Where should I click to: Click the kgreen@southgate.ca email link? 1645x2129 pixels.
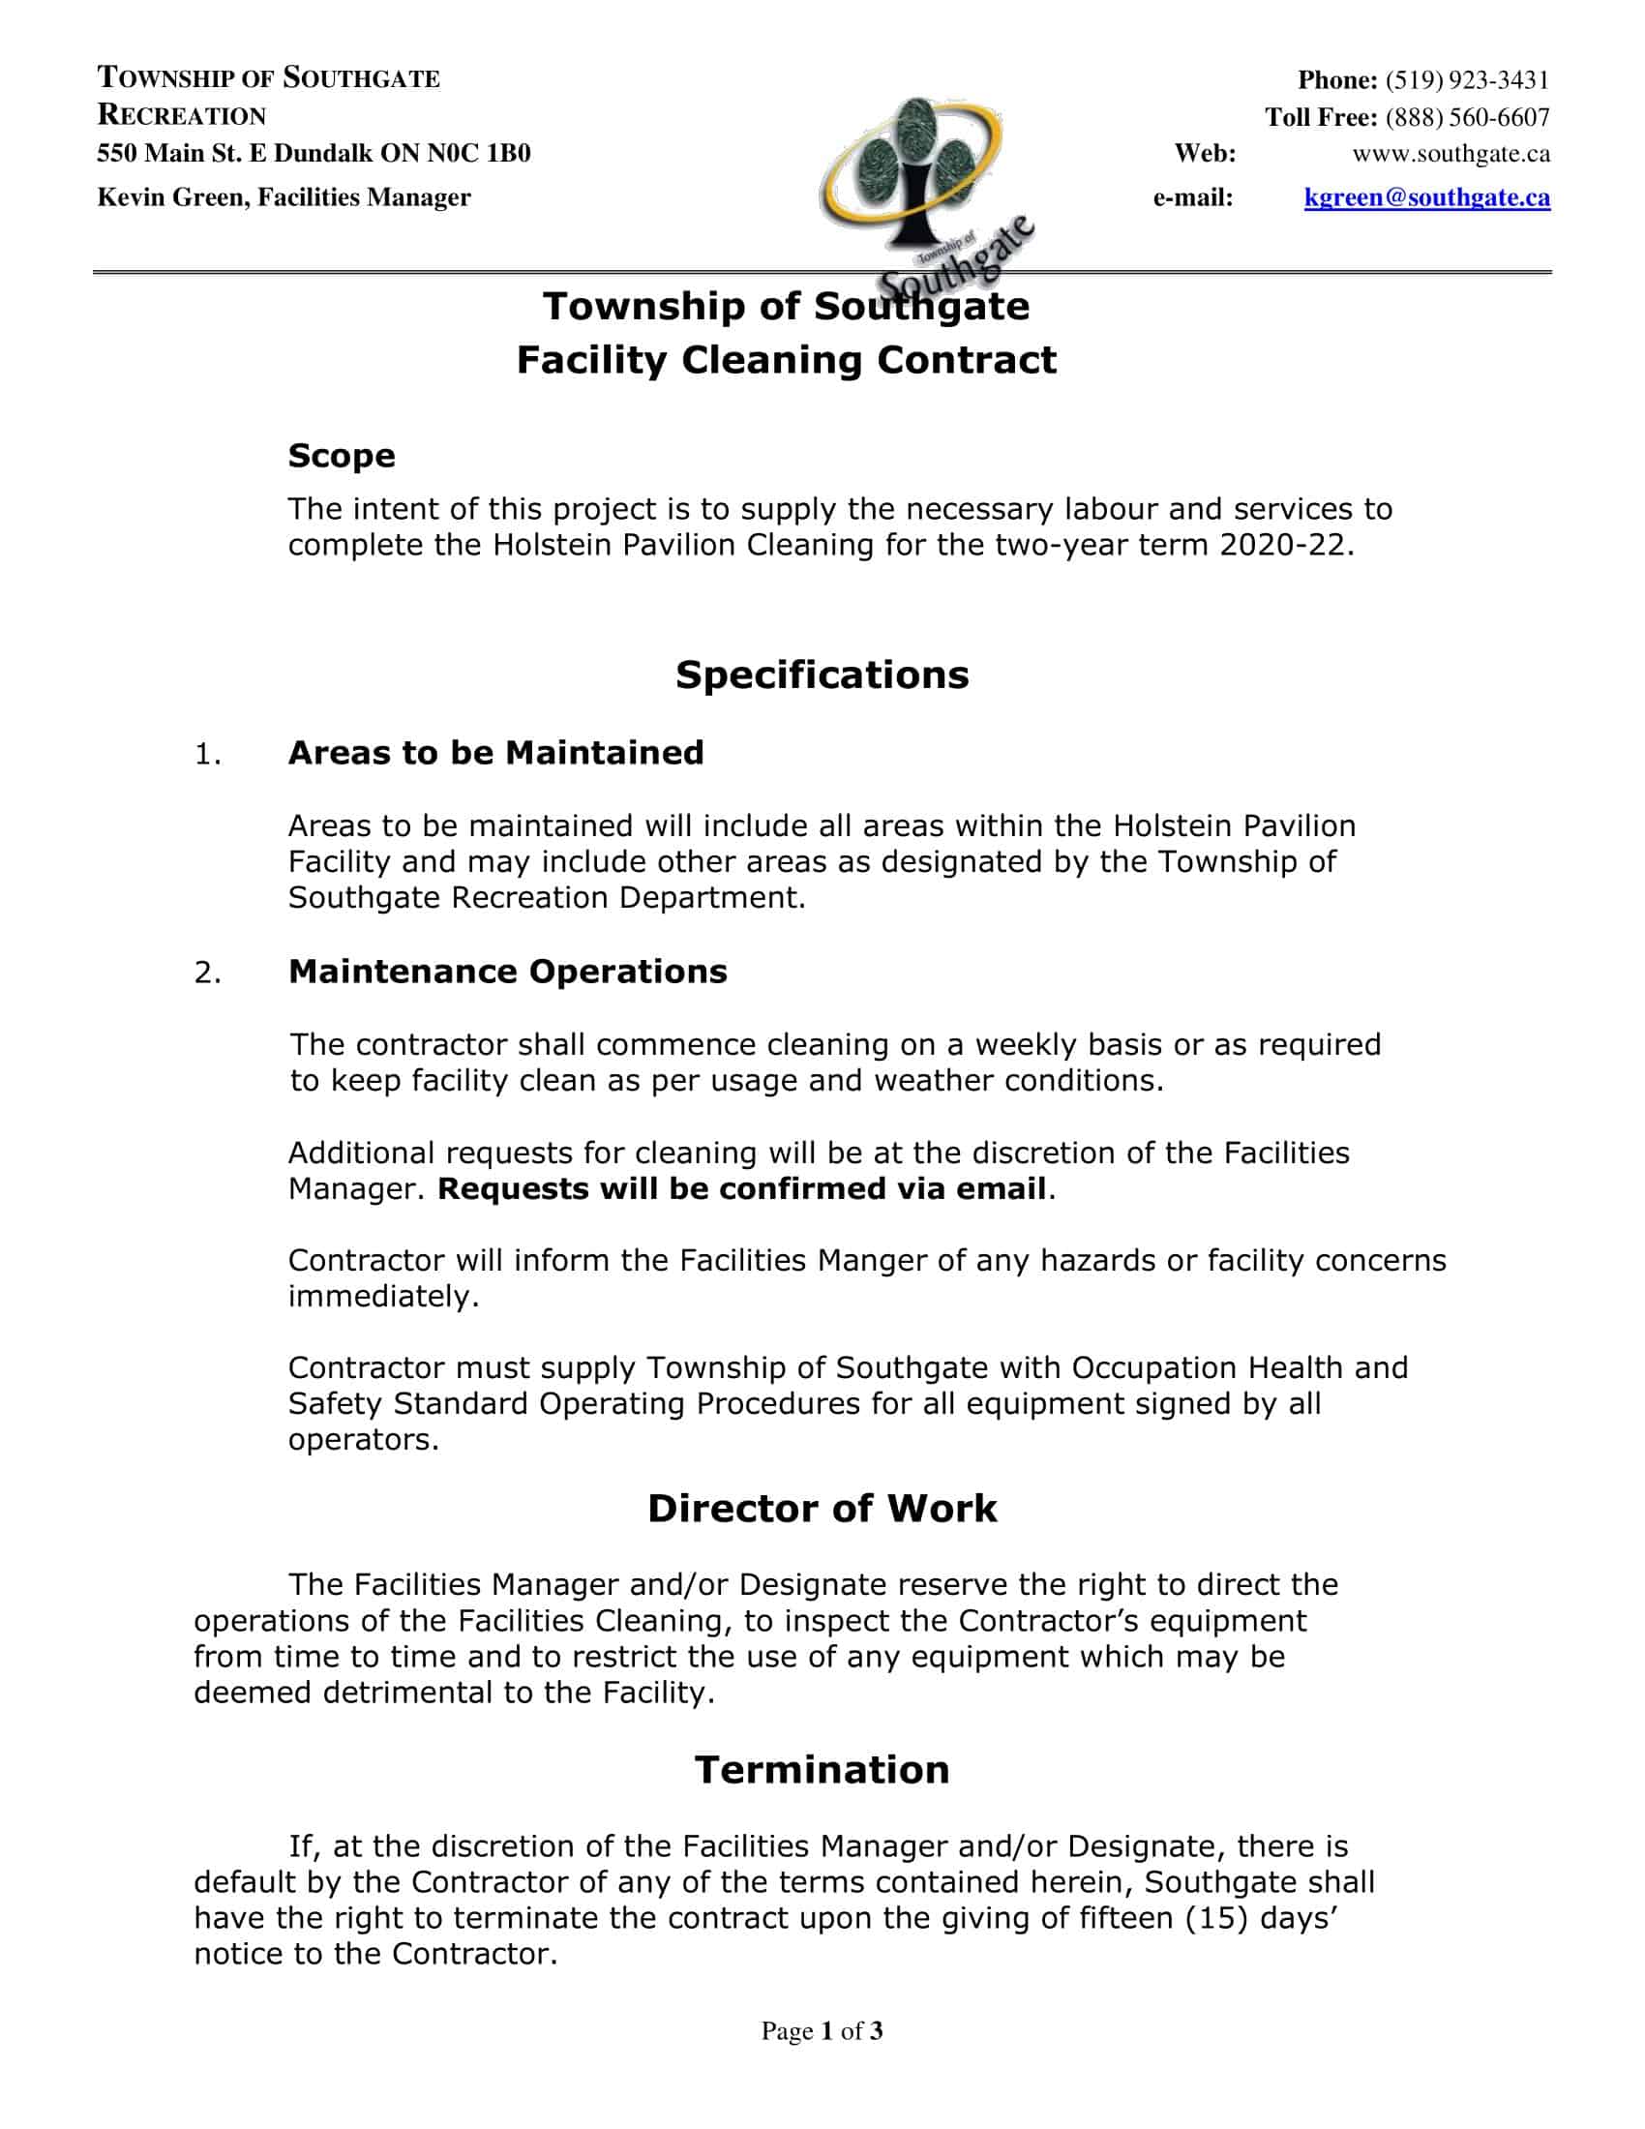(1426, 197)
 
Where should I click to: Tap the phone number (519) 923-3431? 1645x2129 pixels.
(1467, 80)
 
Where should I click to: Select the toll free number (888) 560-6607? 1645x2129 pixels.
(1467, 118)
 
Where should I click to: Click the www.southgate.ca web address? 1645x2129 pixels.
(1451, 154)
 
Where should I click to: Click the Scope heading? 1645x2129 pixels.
(341, 455)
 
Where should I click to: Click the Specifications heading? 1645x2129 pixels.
(822, 675)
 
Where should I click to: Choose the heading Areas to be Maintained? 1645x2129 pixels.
(495, 753)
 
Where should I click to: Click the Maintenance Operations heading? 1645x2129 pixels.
(507, 972)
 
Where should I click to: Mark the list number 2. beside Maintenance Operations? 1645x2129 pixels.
(207, 973)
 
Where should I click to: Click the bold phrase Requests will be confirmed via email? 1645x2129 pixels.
(740, 1189)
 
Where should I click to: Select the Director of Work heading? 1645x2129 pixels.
(822, 1509)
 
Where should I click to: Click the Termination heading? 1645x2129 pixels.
(822, 1770)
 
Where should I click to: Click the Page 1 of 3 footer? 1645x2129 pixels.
(822, 2031)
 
